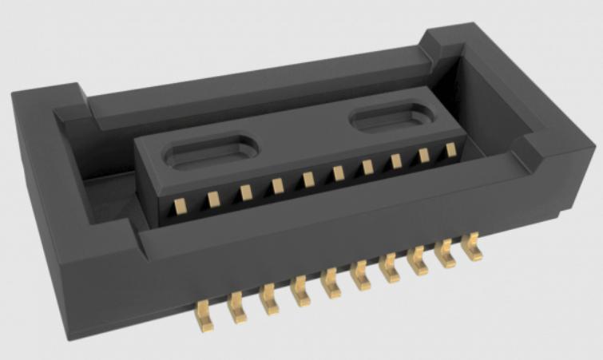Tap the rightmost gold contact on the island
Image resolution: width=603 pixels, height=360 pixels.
tap(450, 149)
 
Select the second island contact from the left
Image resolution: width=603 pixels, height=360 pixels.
tap(213, 198)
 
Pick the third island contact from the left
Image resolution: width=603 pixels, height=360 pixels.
tap(246, 192)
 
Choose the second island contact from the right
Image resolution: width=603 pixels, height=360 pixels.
tap(424, 155)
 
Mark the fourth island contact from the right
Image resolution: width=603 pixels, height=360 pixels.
tap(367, 167)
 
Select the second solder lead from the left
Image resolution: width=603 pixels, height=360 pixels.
tap(236, 306)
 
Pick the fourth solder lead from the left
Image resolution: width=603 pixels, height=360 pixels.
tap(301, 291)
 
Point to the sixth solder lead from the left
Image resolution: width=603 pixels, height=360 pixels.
tap(359, 276)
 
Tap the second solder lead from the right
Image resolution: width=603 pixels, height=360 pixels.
tap(446, 255)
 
